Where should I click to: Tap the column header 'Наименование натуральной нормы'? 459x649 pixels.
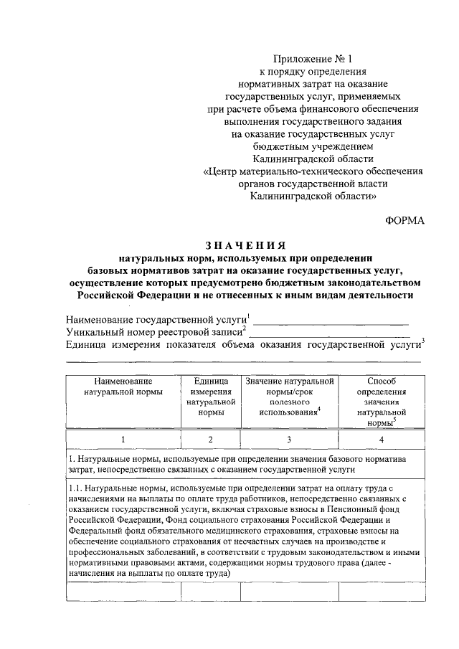[123, 387]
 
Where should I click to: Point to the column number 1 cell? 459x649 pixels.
[123, 440]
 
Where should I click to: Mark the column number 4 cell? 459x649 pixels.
[382, 440]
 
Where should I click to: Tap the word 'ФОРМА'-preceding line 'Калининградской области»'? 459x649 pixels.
[313, 195]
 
